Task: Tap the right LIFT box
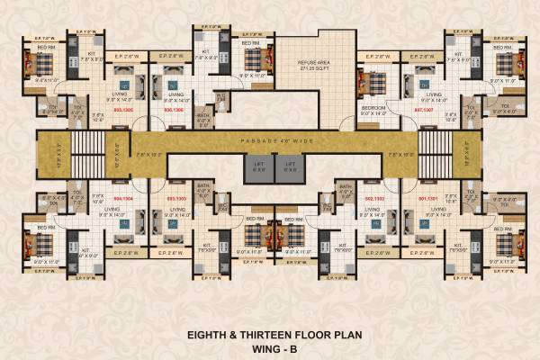coord(288,164)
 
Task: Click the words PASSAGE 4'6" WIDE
coord(274,141)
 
